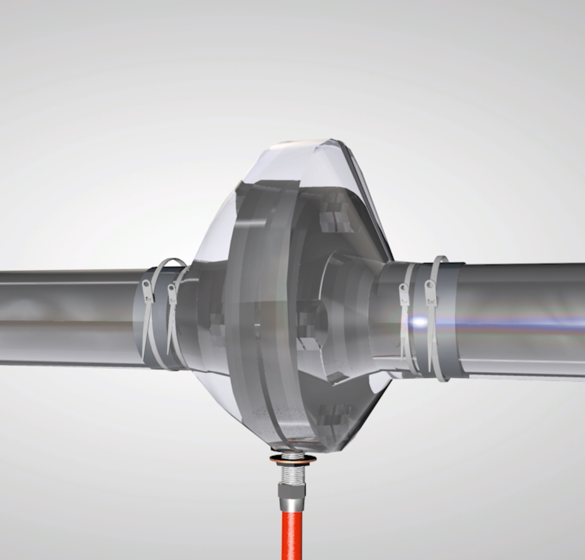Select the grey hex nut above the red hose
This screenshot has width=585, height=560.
291,490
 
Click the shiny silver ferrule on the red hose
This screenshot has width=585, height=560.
291,505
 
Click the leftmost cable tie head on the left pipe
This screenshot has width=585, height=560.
148,290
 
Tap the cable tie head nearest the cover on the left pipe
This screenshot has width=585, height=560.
172,295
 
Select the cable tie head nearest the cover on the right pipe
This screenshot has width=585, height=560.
403,294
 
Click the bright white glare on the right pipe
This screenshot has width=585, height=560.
419,322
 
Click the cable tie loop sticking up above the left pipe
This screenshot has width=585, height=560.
169,265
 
